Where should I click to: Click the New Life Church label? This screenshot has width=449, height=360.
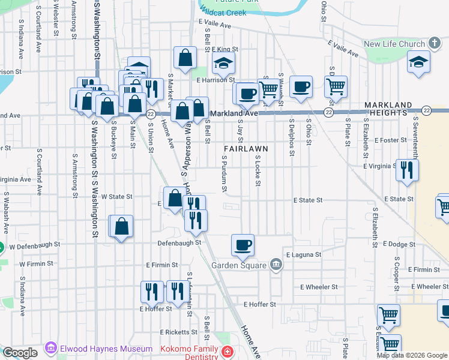[394, 44]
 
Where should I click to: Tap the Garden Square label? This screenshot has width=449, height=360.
[238, 265]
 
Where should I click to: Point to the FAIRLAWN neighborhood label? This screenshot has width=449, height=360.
[245, 148]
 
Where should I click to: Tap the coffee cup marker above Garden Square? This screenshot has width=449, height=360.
[243, 245]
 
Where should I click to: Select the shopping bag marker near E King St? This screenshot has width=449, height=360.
[185, 58]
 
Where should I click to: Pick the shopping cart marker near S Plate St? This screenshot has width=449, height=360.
[336, 86]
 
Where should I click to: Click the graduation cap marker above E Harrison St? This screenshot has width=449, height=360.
[223, 62]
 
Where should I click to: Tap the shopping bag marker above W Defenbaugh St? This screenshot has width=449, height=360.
[121, 226]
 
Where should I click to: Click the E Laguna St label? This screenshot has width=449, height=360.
[303, 255]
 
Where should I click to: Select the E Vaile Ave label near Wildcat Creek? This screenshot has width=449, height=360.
[214, 26]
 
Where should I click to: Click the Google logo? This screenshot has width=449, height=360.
[20, 353]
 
